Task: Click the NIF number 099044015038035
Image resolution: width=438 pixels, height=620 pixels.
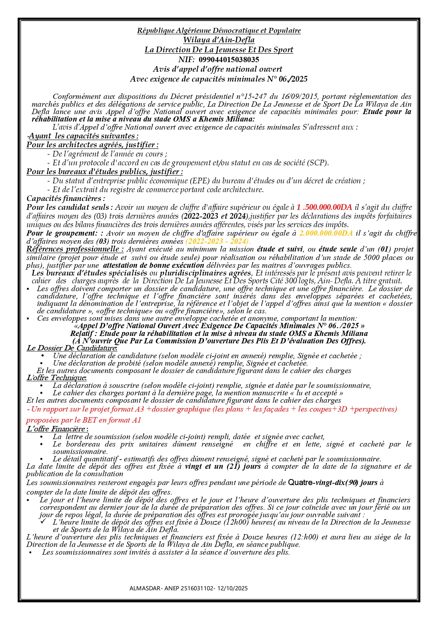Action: click(229, 59)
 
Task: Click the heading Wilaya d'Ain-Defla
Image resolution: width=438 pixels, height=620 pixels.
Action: click(219, 40)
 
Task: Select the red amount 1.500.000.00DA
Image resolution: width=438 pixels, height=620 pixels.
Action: click(324, 207)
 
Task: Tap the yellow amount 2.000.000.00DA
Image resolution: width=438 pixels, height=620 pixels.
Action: click(326, 233)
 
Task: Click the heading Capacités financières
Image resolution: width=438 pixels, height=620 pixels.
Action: click(66, 199)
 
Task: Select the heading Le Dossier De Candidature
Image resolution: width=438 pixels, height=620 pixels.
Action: click(72, 348)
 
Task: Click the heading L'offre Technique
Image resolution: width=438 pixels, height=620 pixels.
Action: click(56, 378)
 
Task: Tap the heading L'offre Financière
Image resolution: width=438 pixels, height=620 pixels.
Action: click(57, 429)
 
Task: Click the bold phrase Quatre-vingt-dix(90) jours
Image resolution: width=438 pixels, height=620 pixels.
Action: click(333, 482)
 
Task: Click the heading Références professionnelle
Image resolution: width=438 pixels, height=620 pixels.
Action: click(75, 249)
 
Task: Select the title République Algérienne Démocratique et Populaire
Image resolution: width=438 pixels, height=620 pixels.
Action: click(219, 30)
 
